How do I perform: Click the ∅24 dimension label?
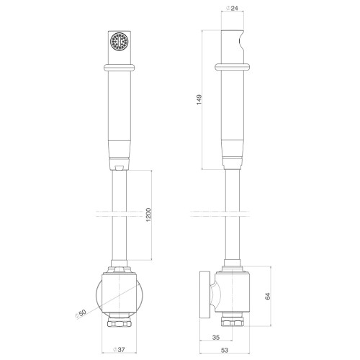coord(232,8)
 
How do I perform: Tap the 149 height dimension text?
coord(199,99)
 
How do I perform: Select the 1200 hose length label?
coord(148,215)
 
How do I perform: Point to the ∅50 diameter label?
coord(81,314)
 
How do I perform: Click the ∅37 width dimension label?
coord(120,350)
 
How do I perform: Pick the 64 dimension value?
coord(268,296)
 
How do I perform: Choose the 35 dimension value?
coord(216,337)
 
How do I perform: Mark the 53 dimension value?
coord(225,350)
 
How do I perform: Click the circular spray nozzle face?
coord(120,42)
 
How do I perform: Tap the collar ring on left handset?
coord(120,68)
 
